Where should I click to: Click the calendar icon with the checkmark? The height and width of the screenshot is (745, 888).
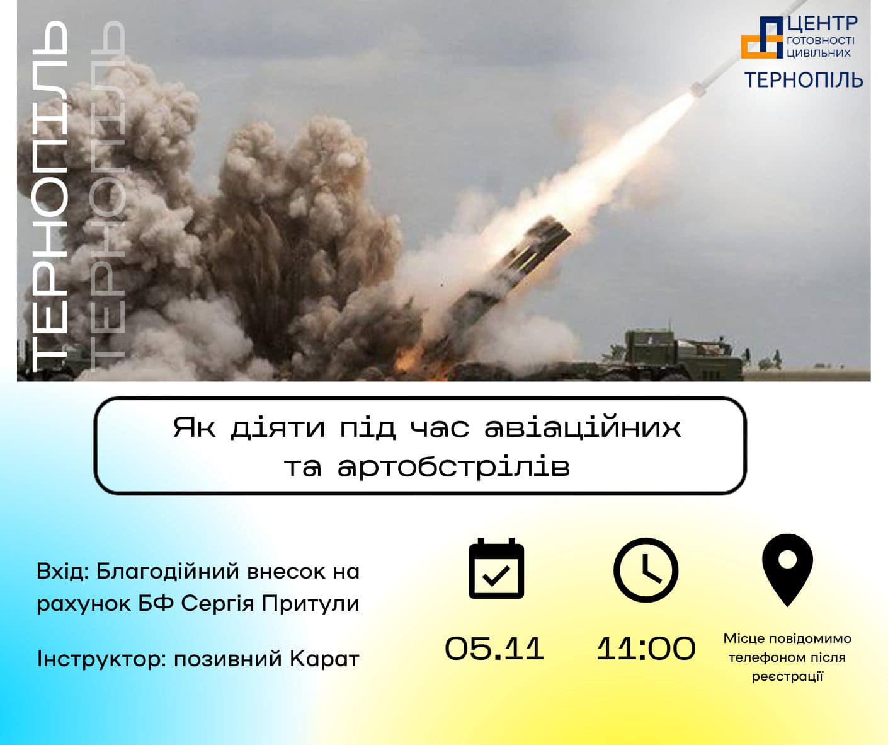coord(496,569)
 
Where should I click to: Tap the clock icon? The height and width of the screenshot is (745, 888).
coord(646,570)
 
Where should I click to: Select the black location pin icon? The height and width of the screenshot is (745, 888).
coord(787,570)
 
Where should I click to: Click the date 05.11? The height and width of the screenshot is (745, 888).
coord(494,649)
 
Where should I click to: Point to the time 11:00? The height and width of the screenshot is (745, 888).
coord(646,649)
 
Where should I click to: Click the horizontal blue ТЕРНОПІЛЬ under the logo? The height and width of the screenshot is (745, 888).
coord(804,80)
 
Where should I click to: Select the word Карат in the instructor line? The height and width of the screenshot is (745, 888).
coord(324,659)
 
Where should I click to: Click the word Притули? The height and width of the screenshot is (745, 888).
coord(310,604)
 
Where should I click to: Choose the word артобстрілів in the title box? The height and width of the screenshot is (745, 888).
coord(453,467)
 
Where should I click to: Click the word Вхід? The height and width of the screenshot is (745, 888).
coord(62,571)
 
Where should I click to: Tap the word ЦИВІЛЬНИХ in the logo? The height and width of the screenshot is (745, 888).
coord(819,53)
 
